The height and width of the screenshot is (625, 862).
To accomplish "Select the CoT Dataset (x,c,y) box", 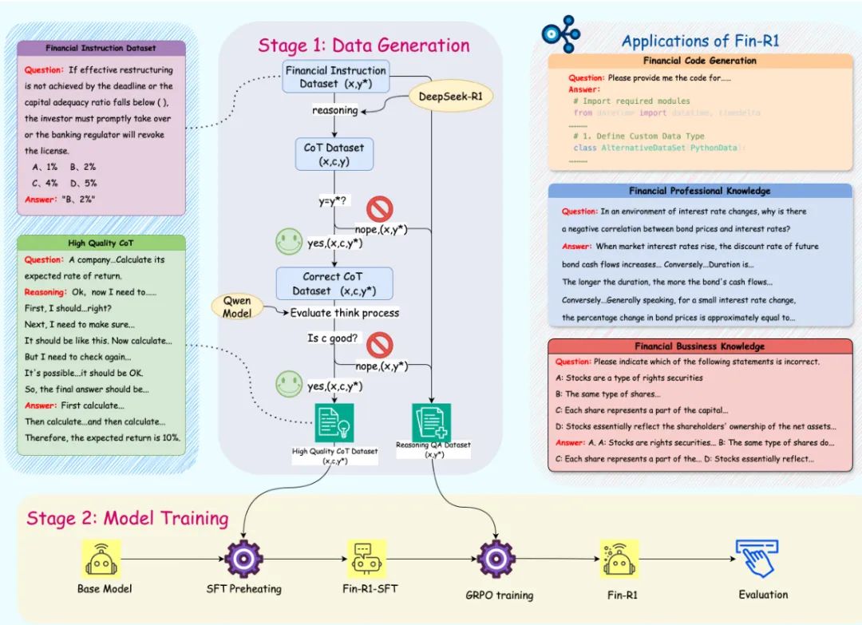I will (334, 154).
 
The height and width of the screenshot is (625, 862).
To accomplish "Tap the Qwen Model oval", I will (237, 307).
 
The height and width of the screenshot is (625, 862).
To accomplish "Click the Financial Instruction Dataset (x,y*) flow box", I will (335, 77).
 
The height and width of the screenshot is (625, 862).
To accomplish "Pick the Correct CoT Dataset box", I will (334, 283).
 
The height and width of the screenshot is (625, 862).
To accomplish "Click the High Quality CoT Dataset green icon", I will (334, 423).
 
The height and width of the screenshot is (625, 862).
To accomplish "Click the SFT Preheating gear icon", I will (244, 558).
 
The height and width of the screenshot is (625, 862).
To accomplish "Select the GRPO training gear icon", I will (497, 559).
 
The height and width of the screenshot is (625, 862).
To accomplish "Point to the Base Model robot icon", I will (101, 559).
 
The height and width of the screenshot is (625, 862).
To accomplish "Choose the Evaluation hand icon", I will (756, 558).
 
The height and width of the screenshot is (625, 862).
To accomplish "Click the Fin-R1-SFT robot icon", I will (366, 558).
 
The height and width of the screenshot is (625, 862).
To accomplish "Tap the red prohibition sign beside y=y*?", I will (379, 209).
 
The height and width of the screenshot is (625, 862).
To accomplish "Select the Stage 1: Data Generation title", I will (363, 45).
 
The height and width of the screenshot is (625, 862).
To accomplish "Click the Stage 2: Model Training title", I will (128, 518).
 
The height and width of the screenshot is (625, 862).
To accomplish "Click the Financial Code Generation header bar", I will (700, 61).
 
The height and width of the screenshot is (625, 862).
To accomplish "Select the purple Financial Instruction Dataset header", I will (101, 48).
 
